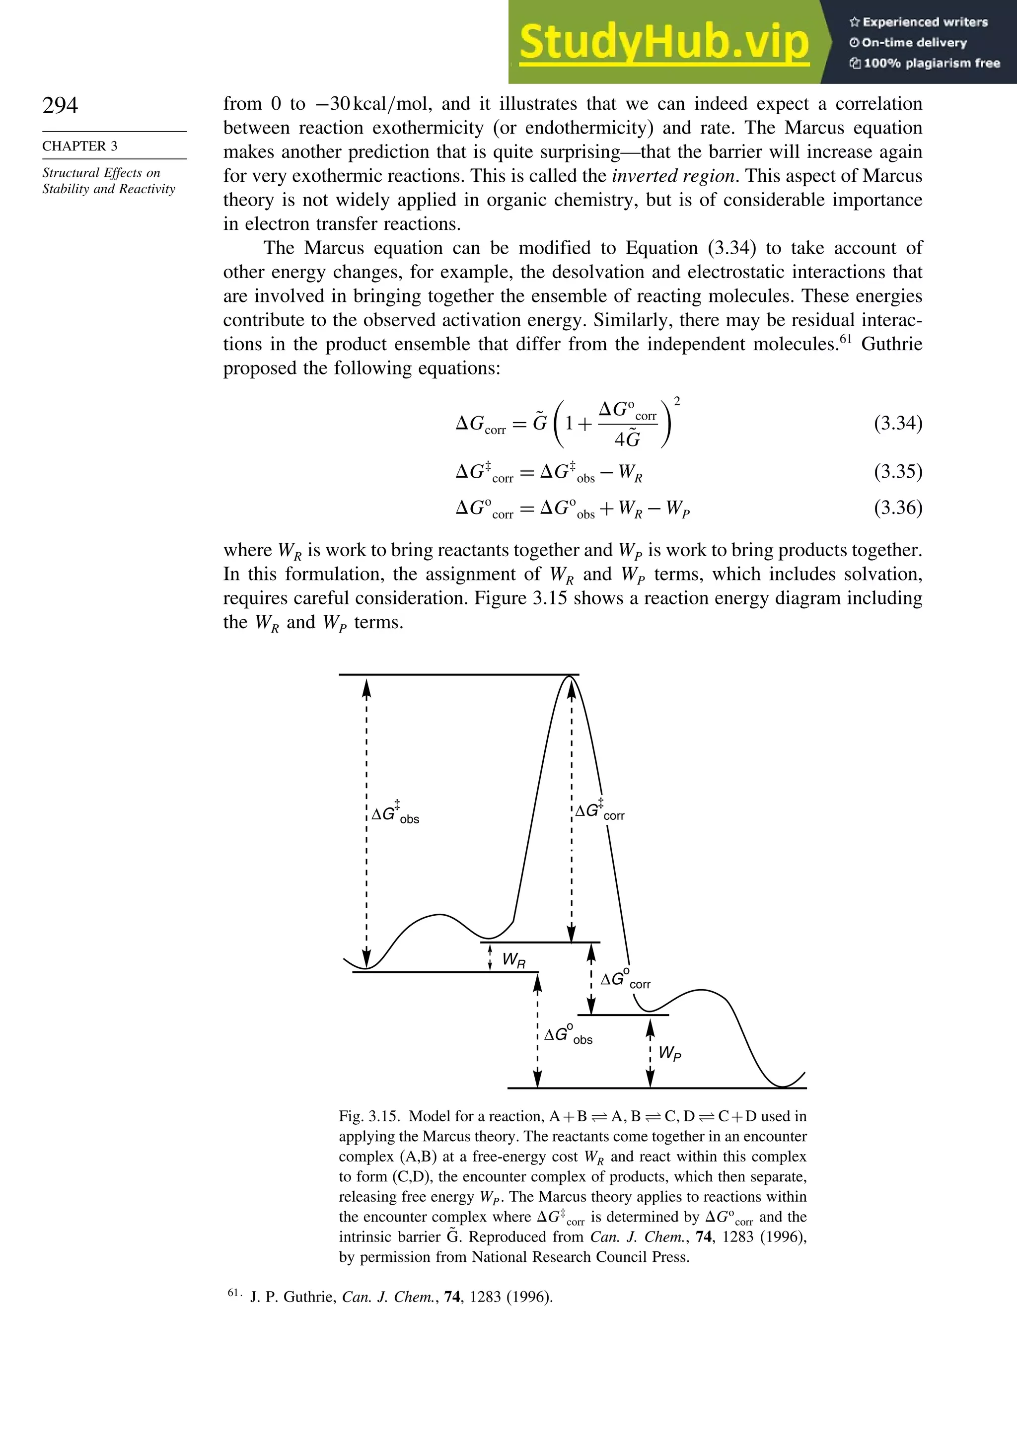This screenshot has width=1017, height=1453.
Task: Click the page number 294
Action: click(x=60, y=105)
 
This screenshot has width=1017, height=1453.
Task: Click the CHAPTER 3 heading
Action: click(x=80, y=146)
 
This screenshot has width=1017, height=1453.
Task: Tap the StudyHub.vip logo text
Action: click(x=664, y=42)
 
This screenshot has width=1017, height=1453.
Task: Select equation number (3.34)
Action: click(x=897, y=423)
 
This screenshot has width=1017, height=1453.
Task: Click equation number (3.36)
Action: click(x=897, y=508)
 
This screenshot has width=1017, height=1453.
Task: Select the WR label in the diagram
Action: click(x=513, y=960)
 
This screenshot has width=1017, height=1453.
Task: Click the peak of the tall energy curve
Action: click(x=570, y=677)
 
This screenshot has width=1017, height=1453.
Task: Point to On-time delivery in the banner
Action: click(x=908, y=42)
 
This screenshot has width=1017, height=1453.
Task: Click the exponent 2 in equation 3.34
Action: click(x=677, y=401)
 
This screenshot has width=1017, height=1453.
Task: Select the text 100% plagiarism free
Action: click(x=925, y=63)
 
